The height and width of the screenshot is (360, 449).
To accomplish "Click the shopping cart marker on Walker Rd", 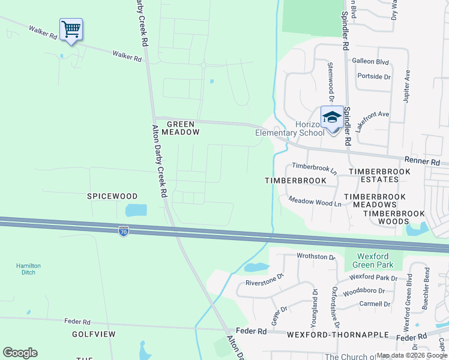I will point(71,29).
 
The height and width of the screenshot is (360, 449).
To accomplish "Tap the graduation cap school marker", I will point(331,117).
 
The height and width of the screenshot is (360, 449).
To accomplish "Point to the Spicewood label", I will point(112,196).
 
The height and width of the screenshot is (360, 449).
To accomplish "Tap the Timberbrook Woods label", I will point(394,217).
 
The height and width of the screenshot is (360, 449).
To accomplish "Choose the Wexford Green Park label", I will point(368,260).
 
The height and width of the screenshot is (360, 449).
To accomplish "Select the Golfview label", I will point(94,334).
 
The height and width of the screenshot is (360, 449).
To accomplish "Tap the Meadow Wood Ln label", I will point(315,202).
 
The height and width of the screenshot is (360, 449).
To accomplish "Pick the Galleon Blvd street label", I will point(370,62).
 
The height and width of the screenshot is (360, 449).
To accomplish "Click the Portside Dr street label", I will point(373,77).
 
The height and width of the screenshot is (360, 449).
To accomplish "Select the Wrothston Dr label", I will point(316,257).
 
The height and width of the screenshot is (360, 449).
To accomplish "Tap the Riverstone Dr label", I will point(264,281).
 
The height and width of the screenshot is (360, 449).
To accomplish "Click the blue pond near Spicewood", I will point(136,211).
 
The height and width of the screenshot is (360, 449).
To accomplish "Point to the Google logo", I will point(20,353).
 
